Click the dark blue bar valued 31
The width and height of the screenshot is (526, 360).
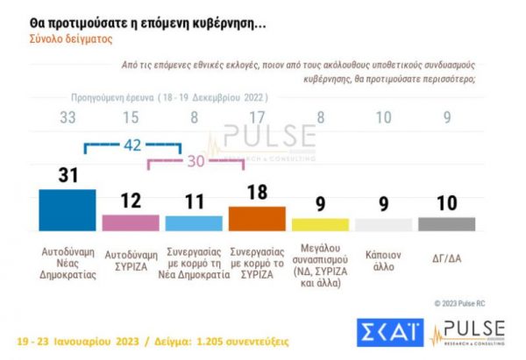(x=68, y=209)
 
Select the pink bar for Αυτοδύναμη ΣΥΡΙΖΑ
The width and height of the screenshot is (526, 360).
(x=131, y=222)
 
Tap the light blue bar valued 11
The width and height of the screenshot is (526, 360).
(x=194, y=222)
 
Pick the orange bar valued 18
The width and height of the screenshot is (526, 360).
(x=257, y=218)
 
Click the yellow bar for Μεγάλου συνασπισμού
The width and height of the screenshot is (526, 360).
(x=320, y=224)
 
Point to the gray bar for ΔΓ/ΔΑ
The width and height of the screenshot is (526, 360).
(x=446, y=224)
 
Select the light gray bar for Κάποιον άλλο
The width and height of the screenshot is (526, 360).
(x=383, y=224)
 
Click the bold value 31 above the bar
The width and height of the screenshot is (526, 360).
(x=68, y=176)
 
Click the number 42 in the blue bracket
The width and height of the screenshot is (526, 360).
(x=131, y=145)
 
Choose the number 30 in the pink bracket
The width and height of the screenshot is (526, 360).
(x=194, y=162)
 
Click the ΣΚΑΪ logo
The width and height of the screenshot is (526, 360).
(x=389, y=332)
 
